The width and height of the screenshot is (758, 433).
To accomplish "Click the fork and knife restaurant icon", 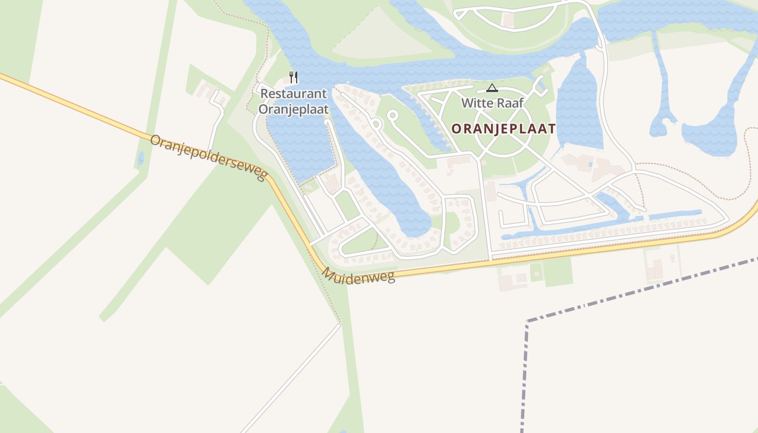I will tap(293, 77).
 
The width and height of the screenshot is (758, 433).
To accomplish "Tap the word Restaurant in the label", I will tap(293, 94).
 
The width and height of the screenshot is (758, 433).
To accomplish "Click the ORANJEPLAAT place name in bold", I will tap(504, 129).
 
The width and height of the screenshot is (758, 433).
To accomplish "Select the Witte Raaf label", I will tap(492, 103).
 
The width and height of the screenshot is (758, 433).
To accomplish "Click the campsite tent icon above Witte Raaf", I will tap(492, 88).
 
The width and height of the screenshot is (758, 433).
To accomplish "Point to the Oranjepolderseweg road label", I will tap(209, 158).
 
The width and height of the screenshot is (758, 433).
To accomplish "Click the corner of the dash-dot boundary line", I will tap(527, 322).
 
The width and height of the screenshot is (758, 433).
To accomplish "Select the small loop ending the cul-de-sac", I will tap(393, 115).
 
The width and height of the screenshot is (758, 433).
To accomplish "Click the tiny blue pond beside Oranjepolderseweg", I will tap(141, 159).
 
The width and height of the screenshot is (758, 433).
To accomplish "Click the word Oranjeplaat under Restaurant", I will tap(293, 109).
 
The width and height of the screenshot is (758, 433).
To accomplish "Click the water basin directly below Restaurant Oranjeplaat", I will tap(300, 146).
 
